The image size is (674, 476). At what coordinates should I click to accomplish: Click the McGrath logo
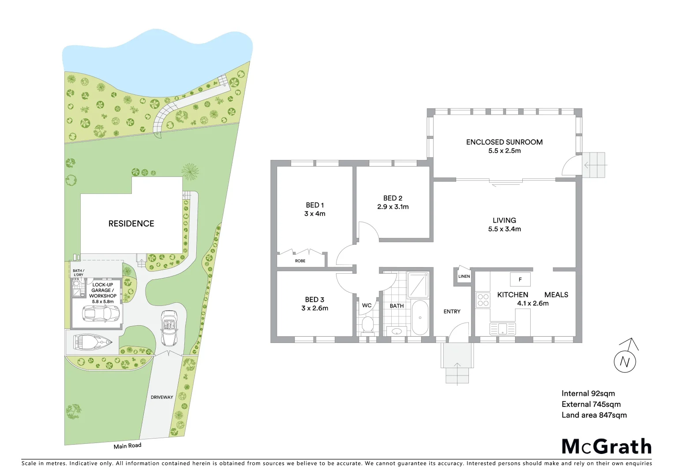tap(607, 446)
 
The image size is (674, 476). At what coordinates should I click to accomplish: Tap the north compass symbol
tap(625, 360)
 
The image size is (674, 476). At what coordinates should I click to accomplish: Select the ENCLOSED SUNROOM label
tap(504, 142)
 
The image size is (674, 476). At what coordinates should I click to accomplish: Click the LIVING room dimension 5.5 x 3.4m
tap(504, 229)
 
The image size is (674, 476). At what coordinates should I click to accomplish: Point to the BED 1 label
tap(315, 205)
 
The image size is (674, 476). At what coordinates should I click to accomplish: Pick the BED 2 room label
tap(393, 198)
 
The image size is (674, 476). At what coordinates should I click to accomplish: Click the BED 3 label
tap(315, 300)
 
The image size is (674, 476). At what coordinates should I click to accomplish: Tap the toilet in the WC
tap(367, 325)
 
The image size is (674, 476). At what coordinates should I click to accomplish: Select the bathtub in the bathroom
tap(419, 318)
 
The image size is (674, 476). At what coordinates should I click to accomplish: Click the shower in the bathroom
tap(417, 285)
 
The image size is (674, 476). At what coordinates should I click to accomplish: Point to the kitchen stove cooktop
tap(483, 300)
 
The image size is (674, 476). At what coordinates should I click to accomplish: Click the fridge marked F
tap(520, 279)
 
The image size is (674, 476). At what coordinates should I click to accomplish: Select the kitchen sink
tap(502, 329)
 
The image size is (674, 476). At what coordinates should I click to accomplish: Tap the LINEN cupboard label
tap(464, 276)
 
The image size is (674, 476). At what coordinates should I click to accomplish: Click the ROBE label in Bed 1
tap(300, 261)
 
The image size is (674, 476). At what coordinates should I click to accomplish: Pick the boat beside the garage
tap(93, 342)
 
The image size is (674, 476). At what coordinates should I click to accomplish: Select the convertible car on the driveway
tap(169, 328)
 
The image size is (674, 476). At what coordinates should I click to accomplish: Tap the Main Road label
tap(127, 446)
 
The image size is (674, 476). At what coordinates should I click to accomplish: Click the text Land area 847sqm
tap(594, 415)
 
